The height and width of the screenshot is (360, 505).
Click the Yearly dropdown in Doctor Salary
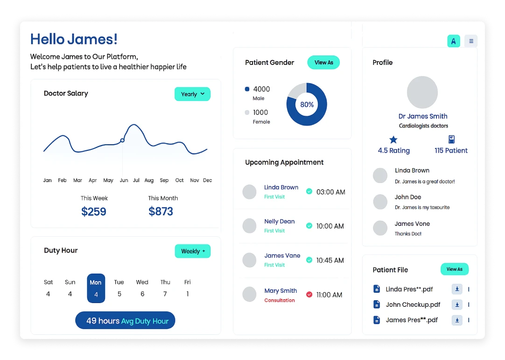point(192,94)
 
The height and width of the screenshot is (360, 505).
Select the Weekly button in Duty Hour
point(192,251)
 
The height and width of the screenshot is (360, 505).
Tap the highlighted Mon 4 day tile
point(96,288)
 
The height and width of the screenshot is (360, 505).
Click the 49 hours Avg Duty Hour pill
point(125,321)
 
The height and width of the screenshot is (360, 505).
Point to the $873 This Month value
point(161,212)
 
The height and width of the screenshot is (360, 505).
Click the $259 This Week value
point(94,212)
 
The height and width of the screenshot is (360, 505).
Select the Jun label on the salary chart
point(124,180)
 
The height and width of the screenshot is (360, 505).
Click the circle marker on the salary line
point(122,140)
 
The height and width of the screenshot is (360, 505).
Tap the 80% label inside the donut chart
point(307,105)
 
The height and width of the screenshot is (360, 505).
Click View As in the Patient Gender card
point(323,63)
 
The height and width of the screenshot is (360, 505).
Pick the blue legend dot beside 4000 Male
point(247,89)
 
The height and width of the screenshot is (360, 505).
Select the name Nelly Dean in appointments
point(279,221)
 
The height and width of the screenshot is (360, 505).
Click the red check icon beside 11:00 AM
point(309,295)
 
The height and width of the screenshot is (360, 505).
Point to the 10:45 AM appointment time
point(330,260)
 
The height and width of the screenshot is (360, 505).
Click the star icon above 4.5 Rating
point(393,139)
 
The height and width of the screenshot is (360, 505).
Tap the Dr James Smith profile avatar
point(422,92)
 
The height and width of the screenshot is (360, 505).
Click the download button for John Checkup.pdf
point(457,304)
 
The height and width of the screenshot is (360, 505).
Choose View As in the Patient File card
point(454,269)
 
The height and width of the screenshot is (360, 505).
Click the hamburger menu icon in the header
point(471,41)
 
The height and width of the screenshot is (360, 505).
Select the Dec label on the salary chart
point(207,180)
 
